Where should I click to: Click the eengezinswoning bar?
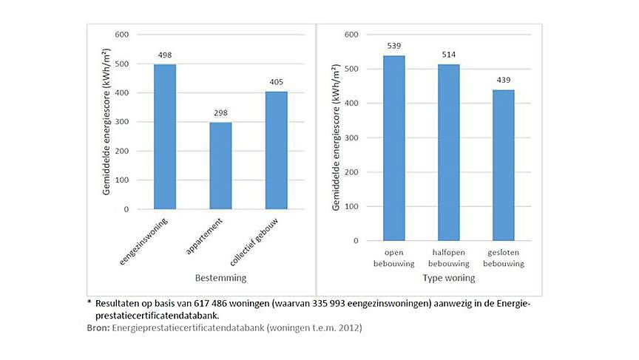tap(165, 137)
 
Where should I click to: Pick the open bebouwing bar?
tap(394, 148)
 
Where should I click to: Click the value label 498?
tap(165, 55)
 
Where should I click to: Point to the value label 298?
tap(220, 113)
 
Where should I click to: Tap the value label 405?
tap(276, 83)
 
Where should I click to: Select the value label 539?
tap(394, 46)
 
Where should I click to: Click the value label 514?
tap(448, 55)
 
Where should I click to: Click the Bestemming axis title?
tap(220, 278)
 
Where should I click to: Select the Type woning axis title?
tap(448, 278)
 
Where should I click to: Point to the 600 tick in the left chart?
tap(121, 35)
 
